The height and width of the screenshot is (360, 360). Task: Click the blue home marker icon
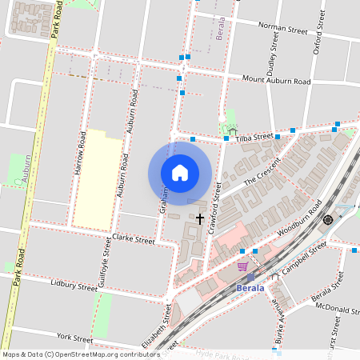tap(180, 173)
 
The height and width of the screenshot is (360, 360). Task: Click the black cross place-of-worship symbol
tap(200, 218)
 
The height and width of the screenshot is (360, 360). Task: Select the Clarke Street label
tap(133, 238)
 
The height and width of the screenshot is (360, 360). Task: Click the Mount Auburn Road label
tap(276, 80)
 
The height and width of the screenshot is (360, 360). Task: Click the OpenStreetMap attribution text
tap(80, 354)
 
